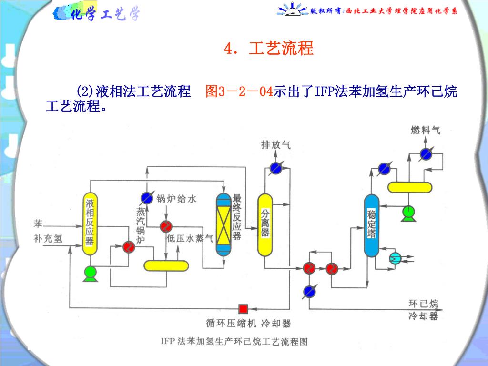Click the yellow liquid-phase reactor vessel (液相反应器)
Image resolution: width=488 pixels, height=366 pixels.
pyautogui.click(x=90, y=224)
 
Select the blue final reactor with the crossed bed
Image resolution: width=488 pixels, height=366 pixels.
pyautogui.click(x=224, y=225)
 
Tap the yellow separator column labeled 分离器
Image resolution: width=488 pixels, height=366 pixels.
pyautogui.click(x=265, y=225)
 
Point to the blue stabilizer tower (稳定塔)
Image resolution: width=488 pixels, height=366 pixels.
pyautogui.click(x=372, y=225)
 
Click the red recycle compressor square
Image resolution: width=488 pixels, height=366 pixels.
pyautogui.click(x=243, y=309)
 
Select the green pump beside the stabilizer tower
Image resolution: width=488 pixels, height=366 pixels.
pyautogui.click(x=408, y=213)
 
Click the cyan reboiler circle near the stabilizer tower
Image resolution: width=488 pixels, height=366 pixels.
pyautogui.click(x=396, y=258)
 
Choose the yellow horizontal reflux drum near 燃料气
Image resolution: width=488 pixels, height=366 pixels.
pyautogui.click(x=410, y=187)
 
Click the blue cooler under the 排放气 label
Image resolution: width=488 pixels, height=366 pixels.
pyautogui.click(x=275, y=168)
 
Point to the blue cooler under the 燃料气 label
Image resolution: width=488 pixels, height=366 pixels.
pyautogui.click(x=426, y=154)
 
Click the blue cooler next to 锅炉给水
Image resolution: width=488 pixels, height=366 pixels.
pyautogui.click(x=146, y=198)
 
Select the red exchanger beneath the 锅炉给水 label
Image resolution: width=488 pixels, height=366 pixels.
pyautogui.click(x=166, y=226)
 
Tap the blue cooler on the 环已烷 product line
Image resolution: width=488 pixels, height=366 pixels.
pyautogui.click(x=309, y=292)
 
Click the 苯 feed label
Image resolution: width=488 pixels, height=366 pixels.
pyautogui.click(x=38, y=224)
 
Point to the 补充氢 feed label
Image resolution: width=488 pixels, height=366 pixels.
pyautogui.click(x=48, y=239)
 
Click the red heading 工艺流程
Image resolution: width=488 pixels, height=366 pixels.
pyautogui.click(x=281, y=48)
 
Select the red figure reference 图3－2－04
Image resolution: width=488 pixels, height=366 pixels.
pyautogui.click(x=239, y=91)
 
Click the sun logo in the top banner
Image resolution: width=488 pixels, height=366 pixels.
pyautogui.click(x=292, y=10)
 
